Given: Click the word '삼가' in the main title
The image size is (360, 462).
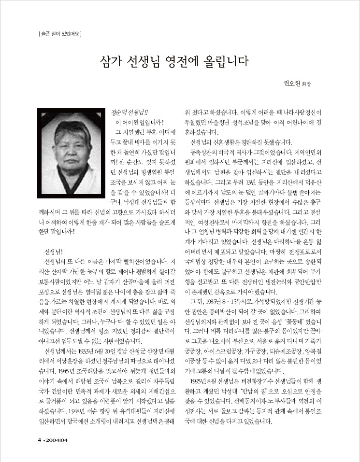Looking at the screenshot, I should point(111,62).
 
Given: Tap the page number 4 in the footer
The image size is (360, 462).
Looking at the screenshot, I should point(40,440).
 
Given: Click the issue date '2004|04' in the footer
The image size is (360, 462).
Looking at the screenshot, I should point(58,440).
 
